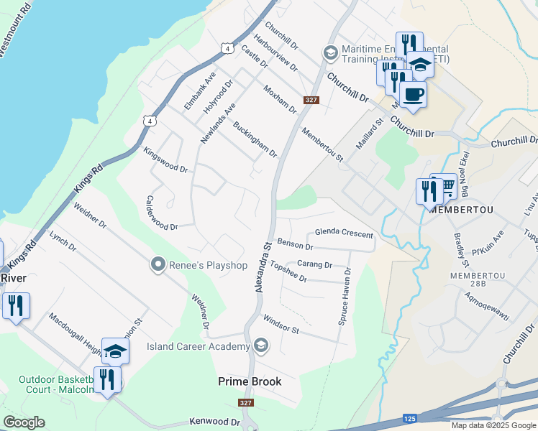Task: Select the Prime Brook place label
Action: [x=250, y=381]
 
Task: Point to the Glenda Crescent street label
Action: [x=345, y=235]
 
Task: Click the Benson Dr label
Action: [x=295, y=246]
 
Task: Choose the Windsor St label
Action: [x=281, y=324]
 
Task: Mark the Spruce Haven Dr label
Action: [x=345, y=297]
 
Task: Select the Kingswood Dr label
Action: [x=165, y=161]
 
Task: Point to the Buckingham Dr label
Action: [x=255, y=139]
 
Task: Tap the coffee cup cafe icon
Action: [x=413, y=93]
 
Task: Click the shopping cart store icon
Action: [x=444, y=186]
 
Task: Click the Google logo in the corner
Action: [x=24, y=422]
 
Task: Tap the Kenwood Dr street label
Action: [x=214, y=422]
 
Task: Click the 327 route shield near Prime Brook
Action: [x=246, y=403]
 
